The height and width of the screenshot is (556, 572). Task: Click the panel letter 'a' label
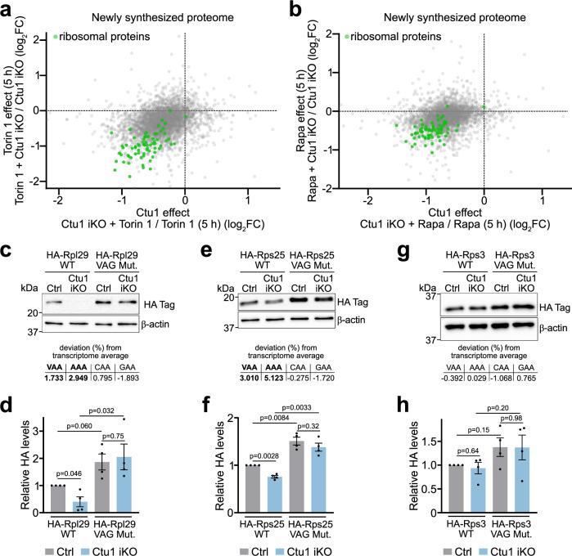pos(7,9)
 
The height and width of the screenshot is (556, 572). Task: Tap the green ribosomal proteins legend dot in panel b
pos(347,37)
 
